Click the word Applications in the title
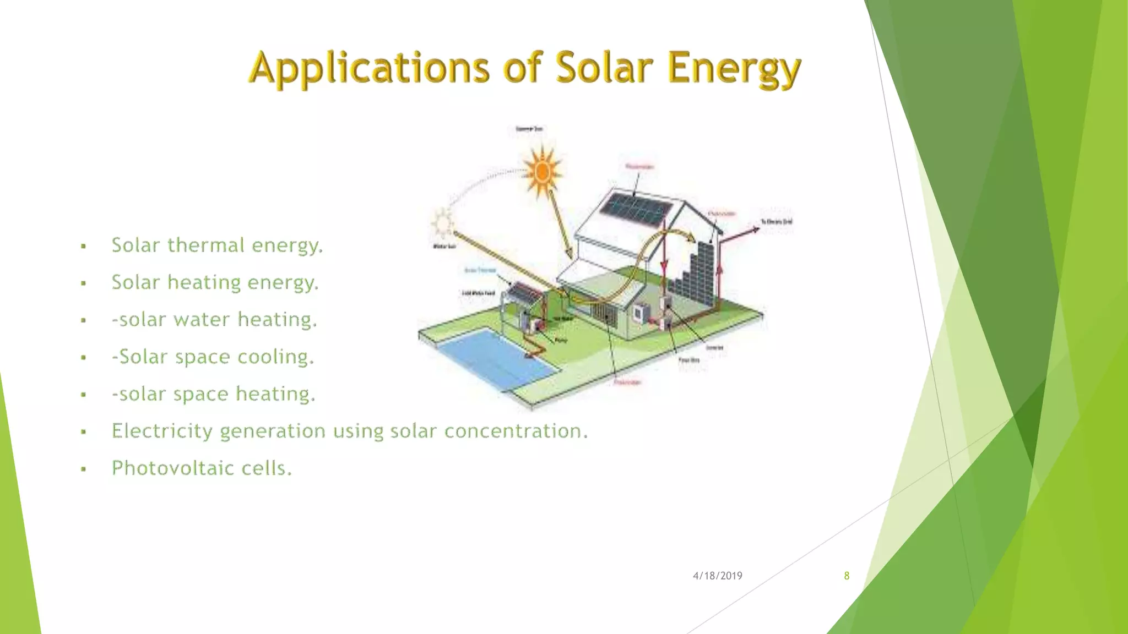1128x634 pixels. coord(369,68)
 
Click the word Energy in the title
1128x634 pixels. coord(734,68)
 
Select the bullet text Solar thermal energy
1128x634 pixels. coord(217,245)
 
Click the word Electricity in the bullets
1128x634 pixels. coord(162,431)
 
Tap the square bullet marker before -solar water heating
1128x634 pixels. coord(83,320)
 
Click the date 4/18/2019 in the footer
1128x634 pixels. coord(717,576)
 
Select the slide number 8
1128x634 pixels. coord(847,576)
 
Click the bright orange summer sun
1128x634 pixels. coord(543,172)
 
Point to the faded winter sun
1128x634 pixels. coord(442,222)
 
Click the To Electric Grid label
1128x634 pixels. coord(777,222)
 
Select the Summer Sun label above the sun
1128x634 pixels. coord(529,129)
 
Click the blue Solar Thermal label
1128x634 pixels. coord(480,270)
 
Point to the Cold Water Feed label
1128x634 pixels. coord(478,293)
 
